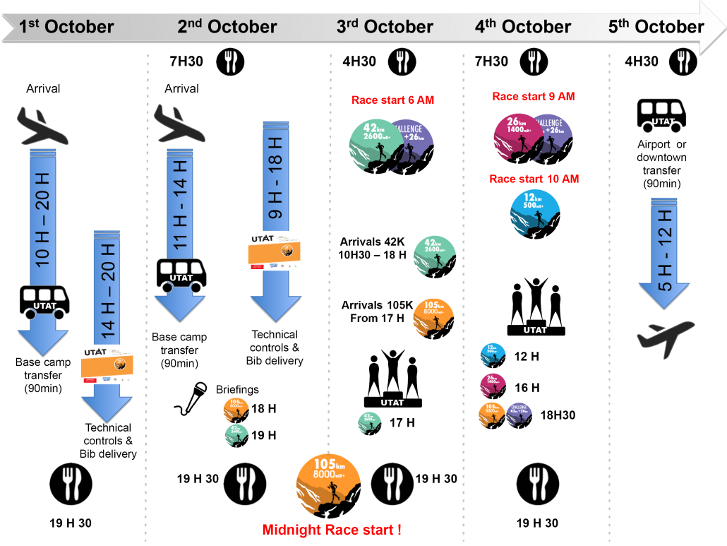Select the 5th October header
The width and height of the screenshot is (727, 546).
pos(656,27)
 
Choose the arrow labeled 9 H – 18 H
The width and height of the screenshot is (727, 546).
pos(275,212)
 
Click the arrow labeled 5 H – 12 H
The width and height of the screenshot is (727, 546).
pos(664,254)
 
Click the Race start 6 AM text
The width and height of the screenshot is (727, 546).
pos(392,100)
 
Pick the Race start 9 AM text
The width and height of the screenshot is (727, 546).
pos(533,96)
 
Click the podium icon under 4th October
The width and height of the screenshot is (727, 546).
pos(536,307)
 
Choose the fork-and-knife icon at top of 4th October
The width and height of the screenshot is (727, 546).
pos(534,61)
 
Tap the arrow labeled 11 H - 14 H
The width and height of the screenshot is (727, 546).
pos(179,226)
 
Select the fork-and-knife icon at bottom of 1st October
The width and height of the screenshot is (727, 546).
pos(71,484)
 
